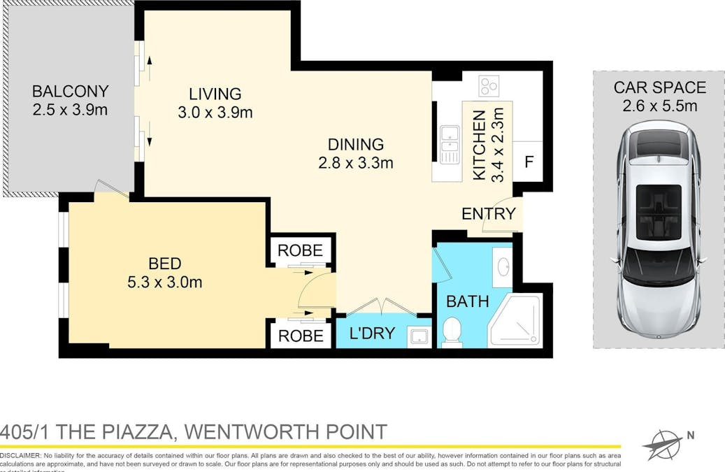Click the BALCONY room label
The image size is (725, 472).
coord(70,91)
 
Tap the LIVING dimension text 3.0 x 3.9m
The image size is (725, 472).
coord(215,112)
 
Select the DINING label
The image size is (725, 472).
coord(356,145)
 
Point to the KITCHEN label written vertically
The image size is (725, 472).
coord(480,145)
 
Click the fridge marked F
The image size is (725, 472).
coord(529,162)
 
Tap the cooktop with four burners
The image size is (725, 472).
coord(489,85)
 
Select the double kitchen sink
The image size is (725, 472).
coord(449,144)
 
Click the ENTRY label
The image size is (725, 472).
coord(489,214)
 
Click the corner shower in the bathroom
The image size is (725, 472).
coord(517,321)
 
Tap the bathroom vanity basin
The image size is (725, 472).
coord(502,266)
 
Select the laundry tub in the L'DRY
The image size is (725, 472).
coord(419,337)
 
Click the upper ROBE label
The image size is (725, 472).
coord(301,250)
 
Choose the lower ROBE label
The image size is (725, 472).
coord(301,336)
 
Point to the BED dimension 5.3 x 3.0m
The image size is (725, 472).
coord(165,283)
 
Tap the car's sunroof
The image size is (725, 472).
coord(658,208)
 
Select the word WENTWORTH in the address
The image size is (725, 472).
coord(260,431)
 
